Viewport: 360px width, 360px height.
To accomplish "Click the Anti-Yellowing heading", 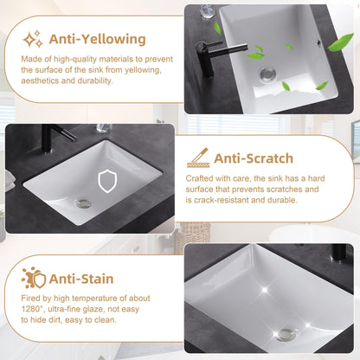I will coord(96,39).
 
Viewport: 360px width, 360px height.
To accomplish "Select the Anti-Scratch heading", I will coord(254,158).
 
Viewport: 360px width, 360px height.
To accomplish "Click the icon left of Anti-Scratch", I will coord(197,157).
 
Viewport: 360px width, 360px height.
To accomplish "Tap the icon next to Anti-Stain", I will coord(33,278).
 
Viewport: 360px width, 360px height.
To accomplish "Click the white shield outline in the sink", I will coord(107,181).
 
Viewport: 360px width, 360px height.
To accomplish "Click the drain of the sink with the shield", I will coord(82,204).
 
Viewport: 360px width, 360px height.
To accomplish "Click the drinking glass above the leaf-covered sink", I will coord(207,11).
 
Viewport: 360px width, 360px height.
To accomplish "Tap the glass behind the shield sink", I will coord(103,128).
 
